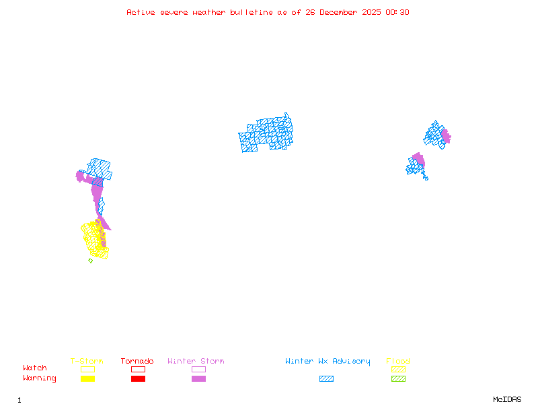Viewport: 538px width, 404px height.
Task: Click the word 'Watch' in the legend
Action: [x=35, y=368]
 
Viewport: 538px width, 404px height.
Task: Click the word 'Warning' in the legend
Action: [x=40, y=378]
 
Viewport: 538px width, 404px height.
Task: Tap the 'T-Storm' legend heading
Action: [x=87, y=362]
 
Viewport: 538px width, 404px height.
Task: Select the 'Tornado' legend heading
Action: [x=137, y=362]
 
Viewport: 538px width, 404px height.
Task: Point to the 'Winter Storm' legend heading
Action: [x=196, y=362]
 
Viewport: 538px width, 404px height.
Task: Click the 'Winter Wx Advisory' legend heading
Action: [x=328, y=362]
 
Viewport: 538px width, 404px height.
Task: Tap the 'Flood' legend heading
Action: [x=398, y=362]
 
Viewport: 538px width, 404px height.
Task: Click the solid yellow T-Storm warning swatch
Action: [x=87, y=379]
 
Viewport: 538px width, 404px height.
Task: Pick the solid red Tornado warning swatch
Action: [x=138, y=379]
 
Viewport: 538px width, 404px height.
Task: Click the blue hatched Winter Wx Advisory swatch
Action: [x=326, y=379]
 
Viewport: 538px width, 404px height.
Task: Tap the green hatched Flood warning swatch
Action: [x=398, y=379]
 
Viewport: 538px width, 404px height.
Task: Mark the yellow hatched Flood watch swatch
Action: [x=398, y=369]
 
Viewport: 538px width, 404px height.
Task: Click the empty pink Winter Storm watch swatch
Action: [x=198, y=369]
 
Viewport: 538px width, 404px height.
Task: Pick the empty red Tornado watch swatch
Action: [x=138, y=369]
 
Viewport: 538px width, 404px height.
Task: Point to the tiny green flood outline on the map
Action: [x=90, y=261]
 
